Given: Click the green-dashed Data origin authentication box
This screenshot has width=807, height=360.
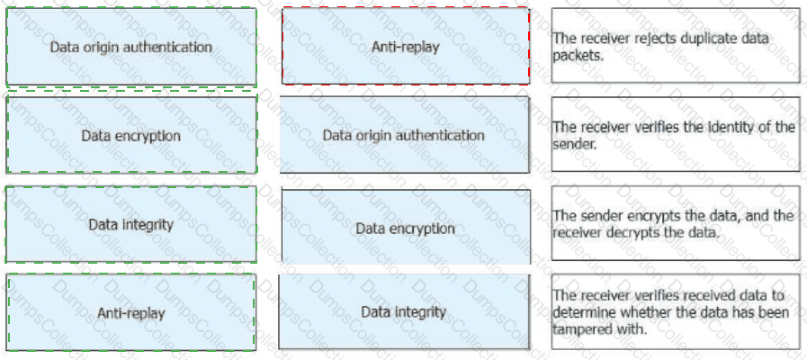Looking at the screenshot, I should coord(131,47).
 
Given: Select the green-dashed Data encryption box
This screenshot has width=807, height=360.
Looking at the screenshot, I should coord(131,135).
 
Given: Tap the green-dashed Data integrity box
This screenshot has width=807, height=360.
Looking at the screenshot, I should coord(131,224).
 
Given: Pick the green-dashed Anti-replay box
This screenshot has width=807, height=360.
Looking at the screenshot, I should coord(131,312).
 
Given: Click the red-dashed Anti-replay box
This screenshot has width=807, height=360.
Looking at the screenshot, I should coord(405,46).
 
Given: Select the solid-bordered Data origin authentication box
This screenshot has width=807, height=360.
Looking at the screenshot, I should coord(405,135).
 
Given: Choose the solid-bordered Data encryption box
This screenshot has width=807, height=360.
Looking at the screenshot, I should coord(405,228).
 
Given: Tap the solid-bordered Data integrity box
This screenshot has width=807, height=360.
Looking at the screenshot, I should coord(405,312).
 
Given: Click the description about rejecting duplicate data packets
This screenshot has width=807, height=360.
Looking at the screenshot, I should coord(676,46).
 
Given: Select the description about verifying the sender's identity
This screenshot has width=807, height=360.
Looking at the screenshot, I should coord(676,135).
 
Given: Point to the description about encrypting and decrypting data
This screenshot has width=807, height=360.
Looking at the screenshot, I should coord(676,224).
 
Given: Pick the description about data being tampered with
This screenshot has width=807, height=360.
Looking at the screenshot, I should coord(676,311).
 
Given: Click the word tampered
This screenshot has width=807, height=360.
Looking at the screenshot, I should coord(582,328).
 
